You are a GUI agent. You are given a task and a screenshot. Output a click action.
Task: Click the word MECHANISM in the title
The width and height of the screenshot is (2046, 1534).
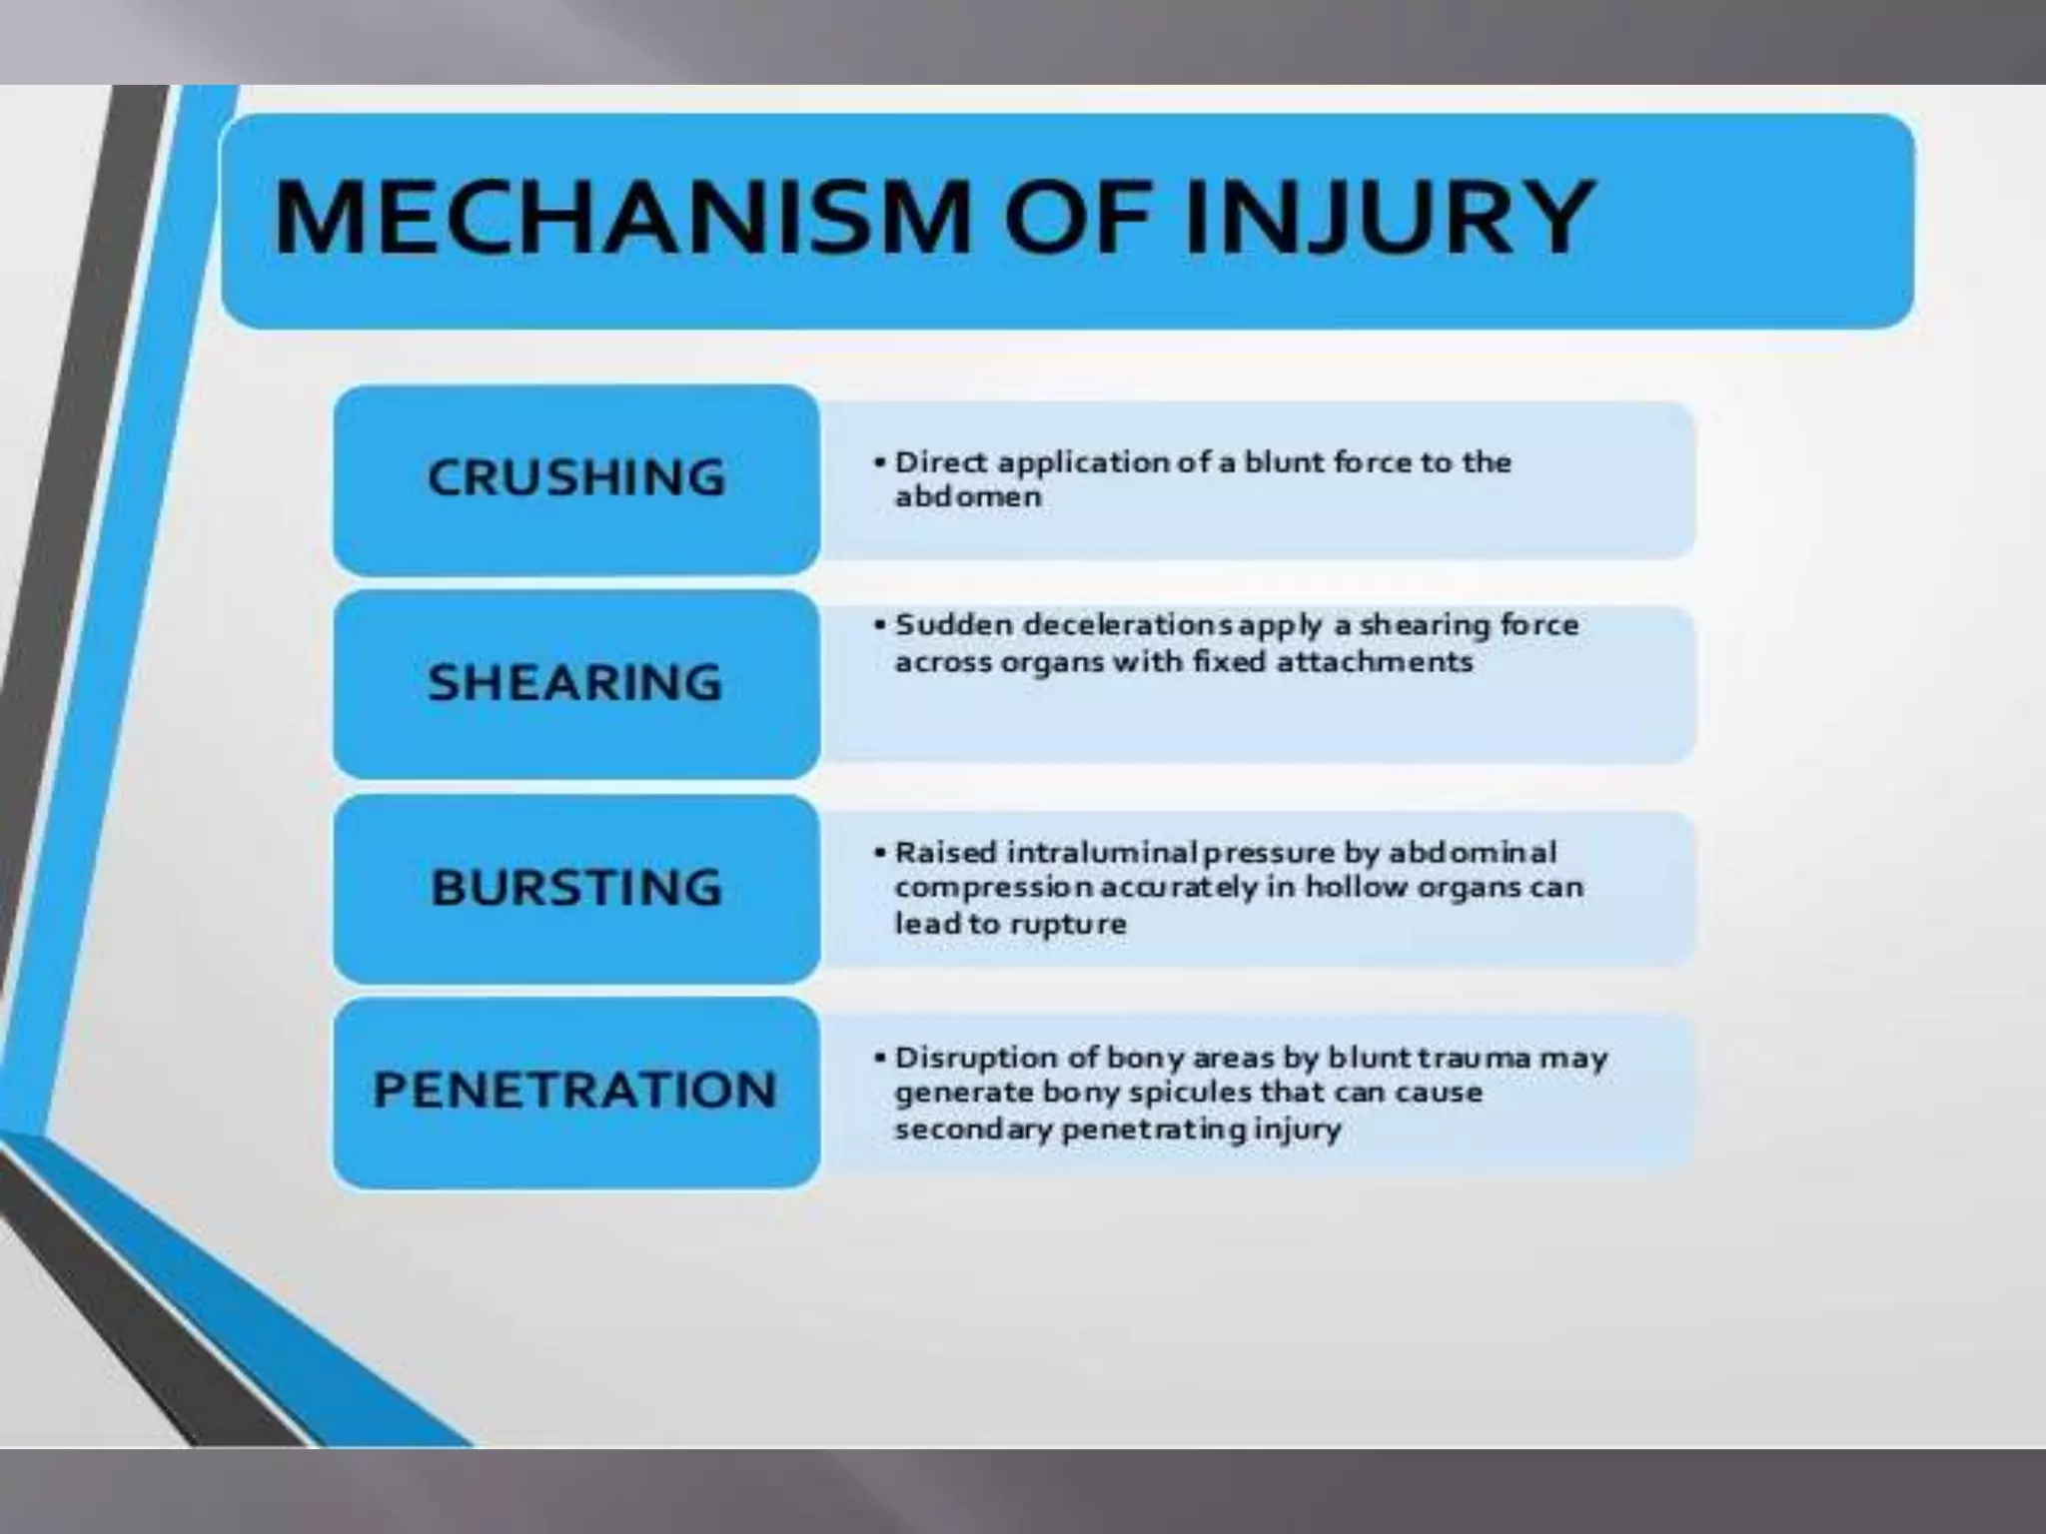point(619,217)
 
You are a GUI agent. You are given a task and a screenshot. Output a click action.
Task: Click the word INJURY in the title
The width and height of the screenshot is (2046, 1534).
point(1388,217)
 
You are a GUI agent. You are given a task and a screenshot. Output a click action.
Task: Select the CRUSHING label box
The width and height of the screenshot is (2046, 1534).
point(576,477)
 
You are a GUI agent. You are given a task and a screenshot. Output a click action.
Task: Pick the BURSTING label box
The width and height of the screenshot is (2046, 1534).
point(576,888)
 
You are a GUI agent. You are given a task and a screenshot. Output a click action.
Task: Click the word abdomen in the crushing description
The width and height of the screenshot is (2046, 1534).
point(967,496)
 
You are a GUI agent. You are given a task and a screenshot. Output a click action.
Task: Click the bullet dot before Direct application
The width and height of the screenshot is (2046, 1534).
point(879,462)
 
